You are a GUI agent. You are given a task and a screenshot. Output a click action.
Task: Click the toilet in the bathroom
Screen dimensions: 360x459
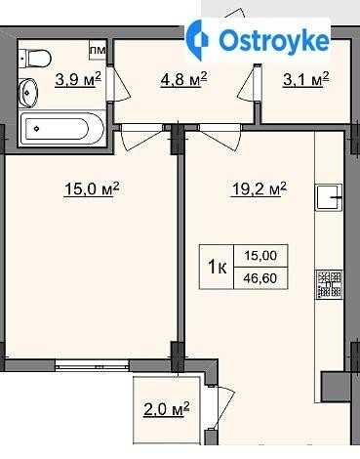(x=35, y=59)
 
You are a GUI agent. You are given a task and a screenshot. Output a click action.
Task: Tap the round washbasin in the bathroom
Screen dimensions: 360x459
(x=28, y=93)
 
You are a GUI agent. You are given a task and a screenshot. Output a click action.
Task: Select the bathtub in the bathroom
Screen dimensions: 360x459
(x=61, y=129)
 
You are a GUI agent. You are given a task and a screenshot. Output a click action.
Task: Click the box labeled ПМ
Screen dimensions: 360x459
(x=98, y=50)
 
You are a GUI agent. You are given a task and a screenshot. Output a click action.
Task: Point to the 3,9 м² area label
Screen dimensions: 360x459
(x=78, y=80)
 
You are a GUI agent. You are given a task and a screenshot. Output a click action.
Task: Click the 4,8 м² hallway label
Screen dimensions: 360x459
(x=183, y=79)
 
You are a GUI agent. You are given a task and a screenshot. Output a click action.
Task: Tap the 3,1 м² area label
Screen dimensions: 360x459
(x=306, y=79)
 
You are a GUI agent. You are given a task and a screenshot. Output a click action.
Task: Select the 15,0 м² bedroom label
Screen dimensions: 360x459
(x=92, y=188)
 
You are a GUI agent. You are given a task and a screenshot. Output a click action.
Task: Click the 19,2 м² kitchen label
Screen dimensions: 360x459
(x=259, y=188)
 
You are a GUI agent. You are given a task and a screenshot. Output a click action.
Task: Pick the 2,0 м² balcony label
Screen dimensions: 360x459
(x=166, y=409)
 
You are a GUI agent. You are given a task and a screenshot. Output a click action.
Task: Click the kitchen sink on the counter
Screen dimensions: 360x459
(x=329, y=197)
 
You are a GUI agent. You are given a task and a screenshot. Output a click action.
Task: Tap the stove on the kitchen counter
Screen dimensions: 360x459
(x=329, y=284)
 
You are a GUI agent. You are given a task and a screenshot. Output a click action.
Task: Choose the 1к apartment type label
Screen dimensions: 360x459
(x=217, y=268)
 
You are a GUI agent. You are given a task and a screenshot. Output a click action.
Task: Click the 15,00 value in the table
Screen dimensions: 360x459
(x=260, y=256)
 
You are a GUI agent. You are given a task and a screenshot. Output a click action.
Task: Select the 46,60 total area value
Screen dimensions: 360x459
(x=260, y=278)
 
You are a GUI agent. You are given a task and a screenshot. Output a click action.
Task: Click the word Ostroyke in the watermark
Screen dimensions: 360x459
(x=274, y=41)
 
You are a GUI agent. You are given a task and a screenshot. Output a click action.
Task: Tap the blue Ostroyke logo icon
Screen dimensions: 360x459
(x=198, y=40)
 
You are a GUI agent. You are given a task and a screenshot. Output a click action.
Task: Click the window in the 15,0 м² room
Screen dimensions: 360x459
(x=92, y=366)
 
